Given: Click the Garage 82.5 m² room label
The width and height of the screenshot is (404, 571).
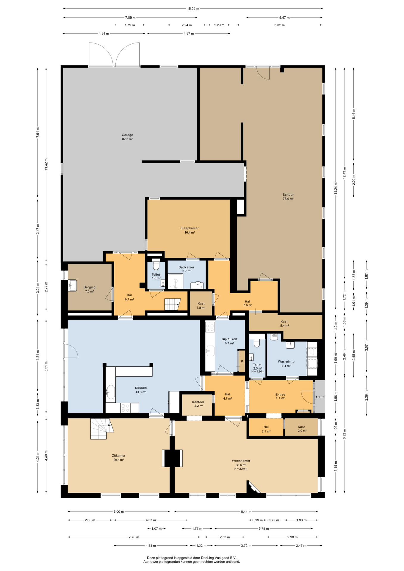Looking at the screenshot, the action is (x=127, y=137).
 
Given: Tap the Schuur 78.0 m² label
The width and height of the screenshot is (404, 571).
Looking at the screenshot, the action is (x=288, y=197).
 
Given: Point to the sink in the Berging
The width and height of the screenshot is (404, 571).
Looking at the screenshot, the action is (x=72, y=285).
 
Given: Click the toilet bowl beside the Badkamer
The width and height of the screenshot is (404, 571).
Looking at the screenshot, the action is (x=156, y=265).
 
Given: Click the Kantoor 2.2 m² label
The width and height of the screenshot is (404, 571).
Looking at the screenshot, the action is (x=198, y=404).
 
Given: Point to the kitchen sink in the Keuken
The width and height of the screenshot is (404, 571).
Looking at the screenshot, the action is (x=111, y=392).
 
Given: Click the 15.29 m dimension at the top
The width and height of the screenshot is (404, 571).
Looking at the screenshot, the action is (x=193, y=9).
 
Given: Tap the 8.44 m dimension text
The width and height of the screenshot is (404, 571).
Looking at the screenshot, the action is (x=246, y=512).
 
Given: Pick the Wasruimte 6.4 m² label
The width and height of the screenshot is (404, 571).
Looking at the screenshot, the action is (x=286, y=364).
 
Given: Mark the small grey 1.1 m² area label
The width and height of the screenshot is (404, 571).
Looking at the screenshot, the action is (x=320, y=397).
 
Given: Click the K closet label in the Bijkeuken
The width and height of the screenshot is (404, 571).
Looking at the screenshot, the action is (x=242, y=361).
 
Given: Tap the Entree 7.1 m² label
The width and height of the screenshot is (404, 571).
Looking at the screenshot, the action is (x=280, y=396).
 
